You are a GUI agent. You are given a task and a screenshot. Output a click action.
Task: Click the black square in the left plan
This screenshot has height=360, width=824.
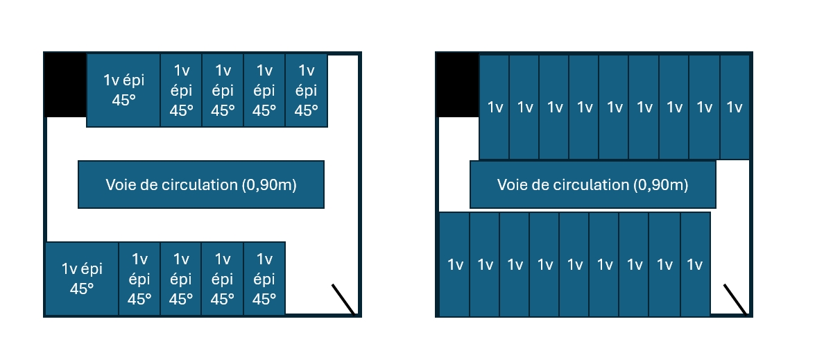pos(66,85)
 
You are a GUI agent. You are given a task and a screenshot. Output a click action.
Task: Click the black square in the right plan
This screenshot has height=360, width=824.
pos(458,85)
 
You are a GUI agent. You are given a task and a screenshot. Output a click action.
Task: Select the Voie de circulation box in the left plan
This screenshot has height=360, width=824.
pos(201,185)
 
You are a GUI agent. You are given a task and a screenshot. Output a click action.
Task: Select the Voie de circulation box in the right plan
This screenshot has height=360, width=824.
pos(593,185)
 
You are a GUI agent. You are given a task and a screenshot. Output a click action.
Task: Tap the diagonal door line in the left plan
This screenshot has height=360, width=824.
pos(344,300)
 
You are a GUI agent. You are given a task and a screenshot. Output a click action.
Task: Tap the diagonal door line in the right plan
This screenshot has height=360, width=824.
pos(736,300)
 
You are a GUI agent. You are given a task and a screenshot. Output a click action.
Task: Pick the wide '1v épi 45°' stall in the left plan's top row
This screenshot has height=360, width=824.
pos(123,90)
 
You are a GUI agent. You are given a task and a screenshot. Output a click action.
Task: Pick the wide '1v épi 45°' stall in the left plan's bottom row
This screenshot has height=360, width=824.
pos(82,279)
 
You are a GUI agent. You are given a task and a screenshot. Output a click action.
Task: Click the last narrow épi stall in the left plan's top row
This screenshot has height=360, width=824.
pos(306,90)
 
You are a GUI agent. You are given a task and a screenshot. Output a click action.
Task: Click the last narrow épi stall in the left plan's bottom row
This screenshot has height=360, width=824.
pos(264,279)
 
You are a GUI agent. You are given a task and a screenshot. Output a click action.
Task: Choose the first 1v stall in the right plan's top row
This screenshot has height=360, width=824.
pos(495,108)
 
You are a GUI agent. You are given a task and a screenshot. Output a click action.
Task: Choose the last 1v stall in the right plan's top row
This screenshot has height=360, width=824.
pos(735,108)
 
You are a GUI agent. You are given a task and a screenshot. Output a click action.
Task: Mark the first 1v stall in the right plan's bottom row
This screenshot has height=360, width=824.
pos(455,264)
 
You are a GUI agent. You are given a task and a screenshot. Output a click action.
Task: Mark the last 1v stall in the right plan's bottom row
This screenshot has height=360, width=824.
pos(695,264)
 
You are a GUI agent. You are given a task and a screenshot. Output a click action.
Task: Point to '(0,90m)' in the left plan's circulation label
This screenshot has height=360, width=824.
pos(269,185)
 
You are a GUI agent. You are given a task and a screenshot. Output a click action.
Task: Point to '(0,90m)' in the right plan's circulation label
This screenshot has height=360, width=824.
pos(660,185)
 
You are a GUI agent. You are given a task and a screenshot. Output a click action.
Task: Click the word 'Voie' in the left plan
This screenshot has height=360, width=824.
pos(119,185)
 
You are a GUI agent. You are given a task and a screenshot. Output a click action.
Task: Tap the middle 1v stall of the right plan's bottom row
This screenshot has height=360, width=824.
pos(575,264)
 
